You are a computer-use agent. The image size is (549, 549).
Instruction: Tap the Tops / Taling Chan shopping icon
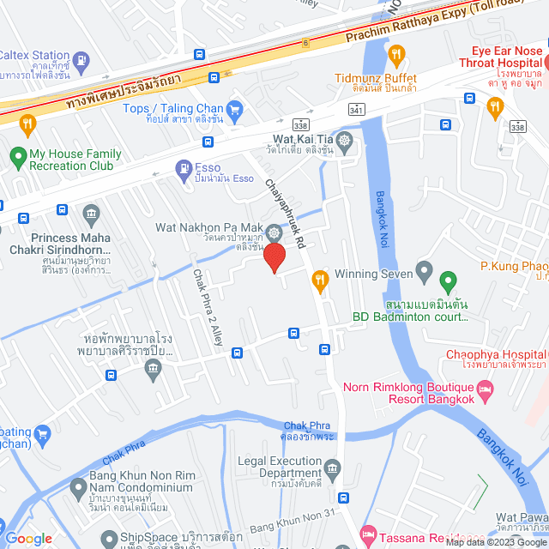point(235,109)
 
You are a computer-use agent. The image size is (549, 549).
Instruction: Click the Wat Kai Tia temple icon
point(345,140)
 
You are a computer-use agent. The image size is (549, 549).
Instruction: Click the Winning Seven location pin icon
point(424,274)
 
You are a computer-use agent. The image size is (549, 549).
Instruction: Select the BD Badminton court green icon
point(447,281)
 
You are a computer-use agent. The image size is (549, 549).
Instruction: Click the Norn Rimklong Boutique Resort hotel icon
point(486,392)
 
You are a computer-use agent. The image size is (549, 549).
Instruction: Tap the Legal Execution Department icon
point(333,467)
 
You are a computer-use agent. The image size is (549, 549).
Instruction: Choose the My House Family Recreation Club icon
point(16,157)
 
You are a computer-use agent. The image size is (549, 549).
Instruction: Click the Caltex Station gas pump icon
point(81,60)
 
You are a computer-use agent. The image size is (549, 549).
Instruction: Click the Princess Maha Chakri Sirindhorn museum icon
point(91,212)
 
